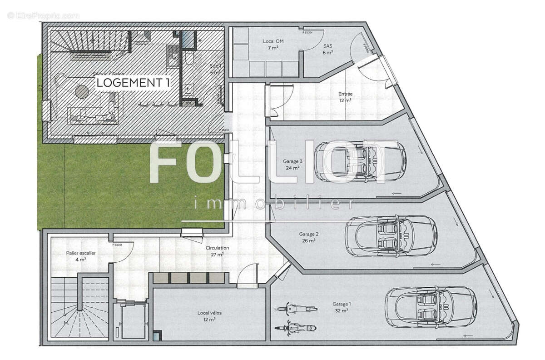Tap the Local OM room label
pos(273,44)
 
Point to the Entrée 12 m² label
pos(345,97)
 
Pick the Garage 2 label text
pos(308,237)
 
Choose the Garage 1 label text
pos(341,307)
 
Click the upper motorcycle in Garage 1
pos(295,309)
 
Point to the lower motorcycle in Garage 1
pos(295,327)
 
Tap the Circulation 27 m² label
pos(217,251)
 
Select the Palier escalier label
pos(80,256)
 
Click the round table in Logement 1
pos(82,91)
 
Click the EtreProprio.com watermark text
pos(43,15)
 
